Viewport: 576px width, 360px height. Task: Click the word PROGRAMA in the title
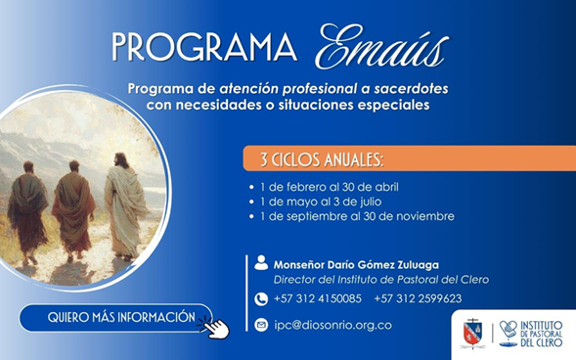(x=204, y=47)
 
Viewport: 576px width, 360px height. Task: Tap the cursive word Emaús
(x=382, y=47)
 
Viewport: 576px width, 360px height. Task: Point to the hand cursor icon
(x=215, y=327)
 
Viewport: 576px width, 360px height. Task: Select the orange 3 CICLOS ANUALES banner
(x=409, y=158)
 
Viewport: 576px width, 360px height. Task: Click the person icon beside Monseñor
(x=261, y=263)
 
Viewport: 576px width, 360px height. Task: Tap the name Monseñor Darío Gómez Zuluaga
(x=356, y=265)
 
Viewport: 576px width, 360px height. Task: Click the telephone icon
(x=261, y=299)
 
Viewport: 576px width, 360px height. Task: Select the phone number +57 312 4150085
(x=318, y=298)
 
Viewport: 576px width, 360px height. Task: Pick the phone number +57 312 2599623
(x=418, y=298)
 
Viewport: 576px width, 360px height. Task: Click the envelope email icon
(x=261, y=325)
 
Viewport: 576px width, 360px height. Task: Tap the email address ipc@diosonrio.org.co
(x=332, y=326)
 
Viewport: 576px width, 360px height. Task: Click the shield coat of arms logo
(x=473, y=334)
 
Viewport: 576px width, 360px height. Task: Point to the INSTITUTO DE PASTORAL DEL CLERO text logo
(x=531, y=334)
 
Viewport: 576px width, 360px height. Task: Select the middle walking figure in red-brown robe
(x=73, y=210)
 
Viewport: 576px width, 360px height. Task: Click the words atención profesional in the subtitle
(x=288, y=89)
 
